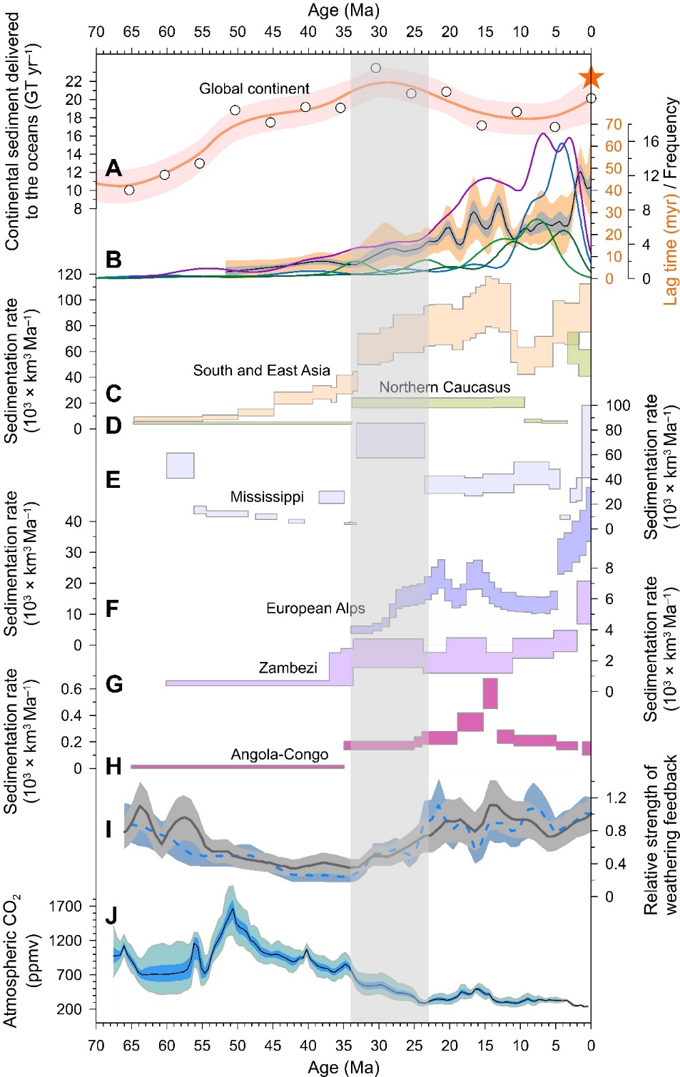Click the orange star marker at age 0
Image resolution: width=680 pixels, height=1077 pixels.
(591, 78)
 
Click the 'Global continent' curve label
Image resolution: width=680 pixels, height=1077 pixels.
(254, 89)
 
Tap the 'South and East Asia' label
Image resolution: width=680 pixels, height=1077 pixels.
(261, 371)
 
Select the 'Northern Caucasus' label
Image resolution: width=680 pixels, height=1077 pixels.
(445, 387)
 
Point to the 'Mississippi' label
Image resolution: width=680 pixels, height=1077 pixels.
(267, 497)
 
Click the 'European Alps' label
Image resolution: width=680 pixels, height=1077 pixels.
(315, 608)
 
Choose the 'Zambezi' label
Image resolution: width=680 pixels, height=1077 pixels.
(288, 668)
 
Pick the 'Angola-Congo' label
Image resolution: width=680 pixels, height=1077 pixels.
(280, 755)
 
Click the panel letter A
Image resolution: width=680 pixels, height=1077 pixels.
(113, 168)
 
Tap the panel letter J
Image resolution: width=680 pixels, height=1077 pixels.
(111, 916)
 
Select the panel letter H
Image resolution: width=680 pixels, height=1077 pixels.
(113, 767)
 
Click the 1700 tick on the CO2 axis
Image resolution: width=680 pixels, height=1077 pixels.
(66, 907)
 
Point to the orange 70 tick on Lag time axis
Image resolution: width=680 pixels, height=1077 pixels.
(614, 125)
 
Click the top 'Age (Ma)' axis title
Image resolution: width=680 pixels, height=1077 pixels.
(343, 11)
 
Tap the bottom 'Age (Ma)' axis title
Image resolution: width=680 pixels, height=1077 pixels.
(343, 1067)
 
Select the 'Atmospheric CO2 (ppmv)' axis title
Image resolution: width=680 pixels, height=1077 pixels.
(21, 959)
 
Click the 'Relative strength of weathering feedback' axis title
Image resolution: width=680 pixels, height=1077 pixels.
(661, 834)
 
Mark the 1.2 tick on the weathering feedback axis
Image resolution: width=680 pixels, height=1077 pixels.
(616, 798)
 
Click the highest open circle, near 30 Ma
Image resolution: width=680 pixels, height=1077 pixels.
(376, 68)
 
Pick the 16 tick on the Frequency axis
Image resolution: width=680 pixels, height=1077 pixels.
(650, 141)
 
